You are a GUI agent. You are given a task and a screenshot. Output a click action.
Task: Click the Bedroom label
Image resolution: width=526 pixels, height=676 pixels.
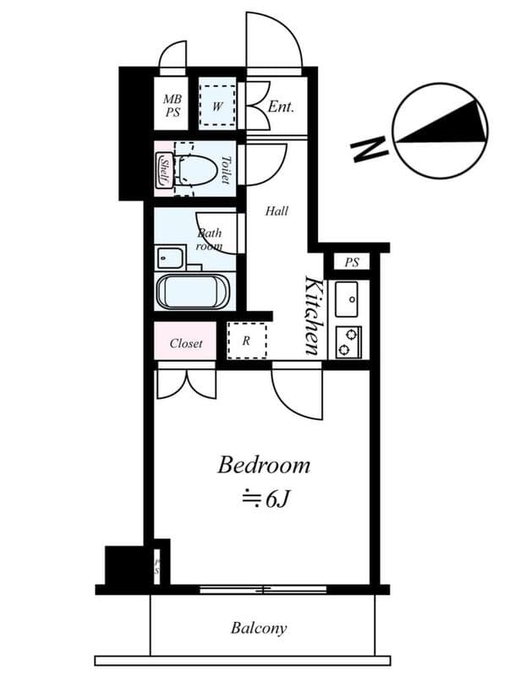coord(264,465)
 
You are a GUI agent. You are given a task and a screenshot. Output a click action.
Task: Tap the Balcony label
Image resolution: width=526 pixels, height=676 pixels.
coord(259,628)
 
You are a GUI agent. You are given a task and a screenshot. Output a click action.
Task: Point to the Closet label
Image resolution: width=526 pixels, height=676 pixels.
coord(186,343)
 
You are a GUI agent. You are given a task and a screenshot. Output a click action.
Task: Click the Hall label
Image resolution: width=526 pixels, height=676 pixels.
coord(277,210)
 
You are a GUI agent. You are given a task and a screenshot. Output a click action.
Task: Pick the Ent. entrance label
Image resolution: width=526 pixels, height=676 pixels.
coord(281,107)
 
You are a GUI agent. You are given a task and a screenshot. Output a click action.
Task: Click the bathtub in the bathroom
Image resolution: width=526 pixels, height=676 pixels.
coord(193,292)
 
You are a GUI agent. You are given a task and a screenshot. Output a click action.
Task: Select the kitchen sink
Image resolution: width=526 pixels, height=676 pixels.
coord(348,298)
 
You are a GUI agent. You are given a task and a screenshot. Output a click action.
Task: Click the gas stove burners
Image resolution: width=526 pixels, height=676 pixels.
coord(348,340)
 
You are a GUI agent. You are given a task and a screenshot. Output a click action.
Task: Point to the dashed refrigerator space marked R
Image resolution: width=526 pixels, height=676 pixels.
coord(246,341)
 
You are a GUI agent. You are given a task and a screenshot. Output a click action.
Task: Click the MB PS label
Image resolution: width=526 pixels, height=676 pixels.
coord(173,106)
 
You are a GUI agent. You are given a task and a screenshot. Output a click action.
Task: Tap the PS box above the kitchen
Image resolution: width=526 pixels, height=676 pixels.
coord(352,263)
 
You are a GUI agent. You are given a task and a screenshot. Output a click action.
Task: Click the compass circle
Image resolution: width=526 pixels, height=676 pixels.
coord(441,130)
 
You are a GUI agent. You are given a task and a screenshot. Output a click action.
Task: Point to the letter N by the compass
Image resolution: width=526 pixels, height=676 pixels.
coord(366,150)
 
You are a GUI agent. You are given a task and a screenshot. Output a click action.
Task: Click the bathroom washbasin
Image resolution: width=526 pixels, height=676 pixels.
coord(171,257)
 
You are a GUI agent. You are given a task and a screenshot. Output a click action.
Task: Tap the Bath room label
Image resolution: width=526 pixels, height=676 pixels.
coord(209,240)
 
